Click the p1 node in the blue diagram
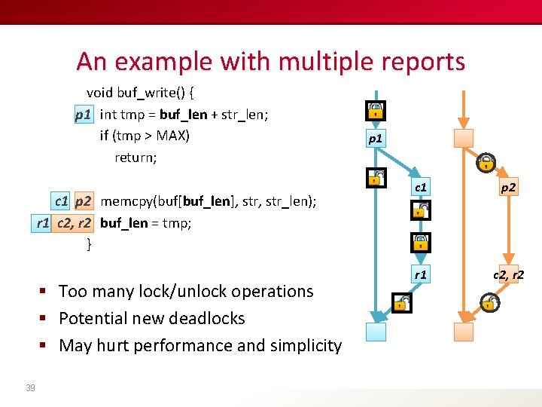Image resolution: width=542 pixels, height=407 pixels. coord(375,139)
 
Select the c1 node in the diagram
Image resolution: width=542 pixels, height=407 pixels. coord(421,186)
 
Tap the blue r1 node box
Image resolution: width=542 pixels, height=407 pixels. coord(421,275)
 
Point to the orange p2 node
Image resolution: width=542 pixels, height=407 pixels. coord(509,186)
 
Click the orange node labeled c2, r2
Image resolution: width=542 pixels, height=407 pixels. coord(509,275)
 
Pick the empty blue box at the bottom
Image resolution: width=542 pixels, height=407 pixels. coord(375,332)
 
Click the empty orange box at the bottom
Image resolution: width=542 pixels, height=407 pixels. coord(464,332)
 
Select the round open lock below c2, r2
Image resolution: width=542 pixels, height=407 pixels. coord(489,303)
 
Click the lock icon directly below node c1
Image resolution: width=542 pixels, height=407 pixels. coord(421,211)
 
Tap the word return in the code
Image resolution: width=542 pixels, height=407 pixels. coord(135,158)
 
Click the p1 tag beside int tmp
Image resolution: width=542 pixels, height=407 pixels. coord(83,115)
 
